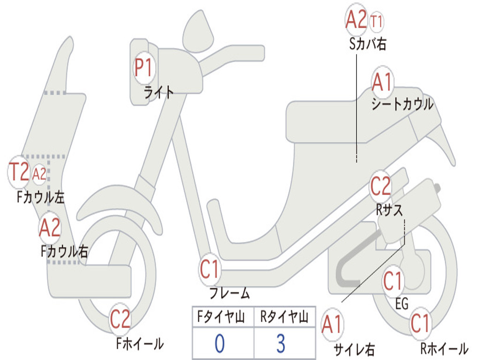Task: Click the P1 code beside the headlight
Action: click(143, 68)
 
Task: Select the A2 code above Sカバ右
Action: click(356, 20)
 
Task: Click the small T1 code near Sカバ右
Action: click(376, 21)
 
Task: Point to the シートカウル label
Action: click(402, 104)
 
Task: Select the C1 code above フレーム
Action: click(210, 270)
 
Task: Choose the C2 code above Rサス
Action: click(380, 187)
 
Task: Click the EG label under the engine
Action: click(402, 304)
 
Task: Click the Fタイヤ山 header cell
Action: click(222, 318)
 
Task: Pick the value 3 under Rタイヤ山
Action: click(280, 344)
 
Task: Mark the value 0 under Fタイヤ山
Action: click(219, 344)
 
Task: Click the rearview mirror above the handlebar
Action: click(197, 30)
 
